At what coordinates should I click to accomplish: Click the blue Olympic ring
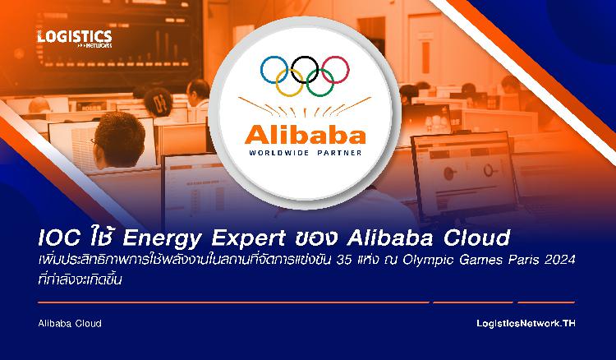pos(261,70)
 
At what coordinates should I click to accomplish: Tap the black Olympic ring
pos(292,70)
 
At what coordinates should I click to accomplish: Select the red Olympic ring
pos(349,70)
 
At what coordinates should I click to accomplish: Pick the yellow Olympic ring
pos(290,96)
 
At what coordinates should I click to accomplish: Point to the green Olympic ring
pos(320,96)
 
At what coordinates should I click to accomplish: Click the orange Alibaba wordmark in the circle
pos(306,135)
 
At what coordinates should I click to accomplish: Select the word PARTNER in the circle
pos(339,153)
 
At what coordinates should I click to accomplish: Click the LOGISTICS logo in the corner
pos(75,39)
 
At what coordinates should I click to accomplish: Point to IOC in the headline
pos(59,238)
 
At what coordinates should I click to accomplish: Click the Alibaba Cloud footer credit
pos(70,324)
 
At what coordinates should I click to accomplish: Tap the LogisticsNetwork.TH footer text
pos(526,324)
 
